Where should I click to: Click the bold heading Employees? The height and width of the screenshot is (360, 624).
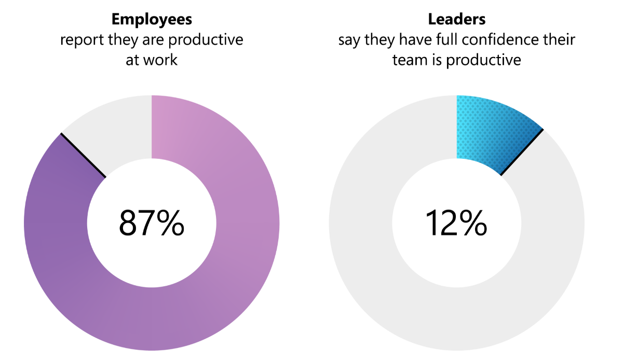152,20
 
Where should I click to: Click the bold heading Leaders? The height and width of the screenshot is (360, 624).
457,20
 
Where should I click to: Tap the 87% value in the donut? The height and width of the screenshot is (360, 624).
152,223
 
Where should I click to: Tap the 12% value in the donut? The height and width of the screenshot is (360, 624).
456,223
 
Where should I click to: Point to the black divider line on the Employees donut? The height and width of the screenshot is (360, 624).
83,155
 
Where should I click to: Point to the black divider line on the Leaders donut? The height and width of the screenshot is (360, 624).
522,153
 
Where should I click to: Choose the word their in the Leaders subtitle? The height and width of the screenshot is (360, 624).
560,40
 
